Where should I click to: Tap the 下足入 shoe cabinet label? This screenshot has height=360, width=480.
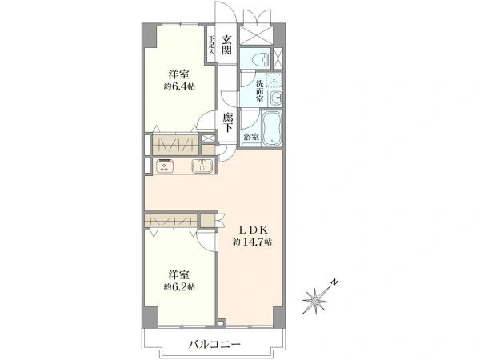pyautogui.click(x=211, y=42)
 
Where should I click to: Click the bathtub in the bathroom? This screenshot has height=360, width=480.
pyautogui.click(x=273, y=127)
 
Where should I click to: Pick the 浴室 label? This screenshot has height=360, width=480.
pyautogui.click(x=251, y=138)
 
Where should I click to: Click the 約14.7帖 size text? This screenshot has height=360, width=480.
pyautogui.click(x=252, y=242)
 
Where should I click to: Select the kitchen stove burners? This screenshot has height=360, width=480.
pyautogui.click(x=165, y=167)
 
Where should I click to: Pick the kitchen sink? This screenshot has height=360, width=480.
pyautogui.click(x=202, y=167)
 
